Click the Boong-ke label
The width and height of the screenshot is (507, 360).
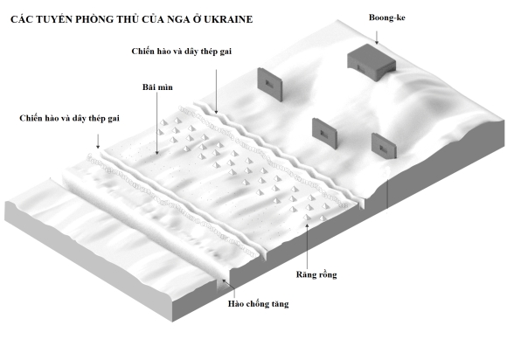point(386,17)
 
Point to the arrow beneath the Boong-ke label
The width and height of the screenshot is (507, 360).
point(377,38)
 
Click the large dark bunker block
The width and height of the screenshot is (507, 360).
point(372,62)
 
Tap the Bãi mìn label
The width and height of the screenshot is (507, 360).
point(157,87)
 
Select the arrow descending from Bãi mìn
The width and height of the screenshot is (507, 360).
point(157,124)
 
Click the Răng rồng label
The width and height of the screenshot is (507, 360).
point(316,274)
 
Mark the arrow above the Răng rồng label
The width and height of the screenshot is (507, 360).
point(307,245)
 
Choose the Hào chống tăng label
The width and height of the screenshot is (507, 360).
point(259,304)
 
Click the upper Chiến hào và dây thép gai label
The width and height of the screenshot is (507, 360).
point(182,52)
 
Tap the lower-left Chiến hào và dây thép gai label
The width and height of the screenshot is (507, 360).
point(69,118)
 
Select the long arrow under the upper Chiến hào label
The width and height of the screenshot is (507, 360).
point(216,92)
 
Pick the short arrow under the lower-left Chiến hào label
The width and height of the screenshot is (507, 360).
point(98,142)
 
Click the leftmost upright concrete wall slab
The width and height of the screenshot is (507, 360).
point(270,85)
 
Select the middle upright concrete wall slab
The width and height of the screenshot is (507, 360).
point(324,134)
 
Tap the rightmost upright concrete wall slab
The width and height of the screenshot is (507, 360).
point(384,146)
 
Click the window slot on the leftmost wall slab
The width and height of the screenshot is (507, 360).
point(269,84)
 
